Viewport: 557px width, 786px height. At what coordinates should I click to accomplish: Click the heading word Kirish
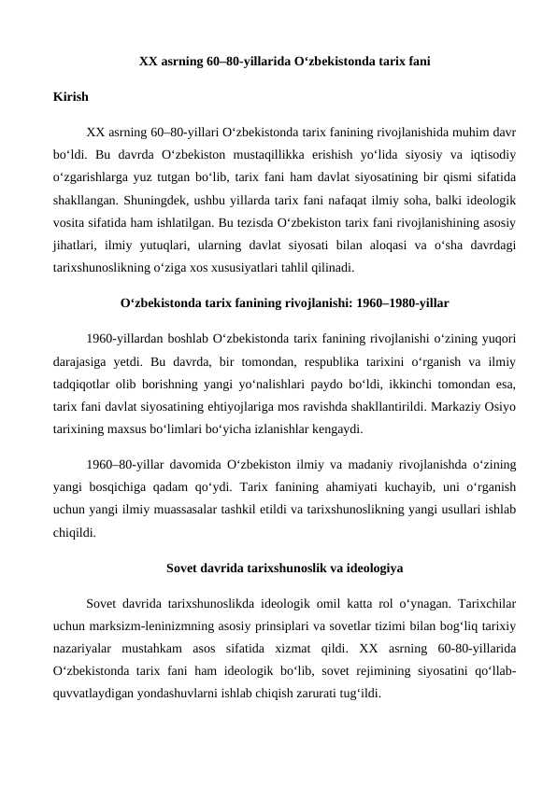tap(71, 97)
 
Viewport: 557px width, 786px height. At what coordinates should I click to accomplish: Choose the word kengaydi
tap(337, 429)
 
